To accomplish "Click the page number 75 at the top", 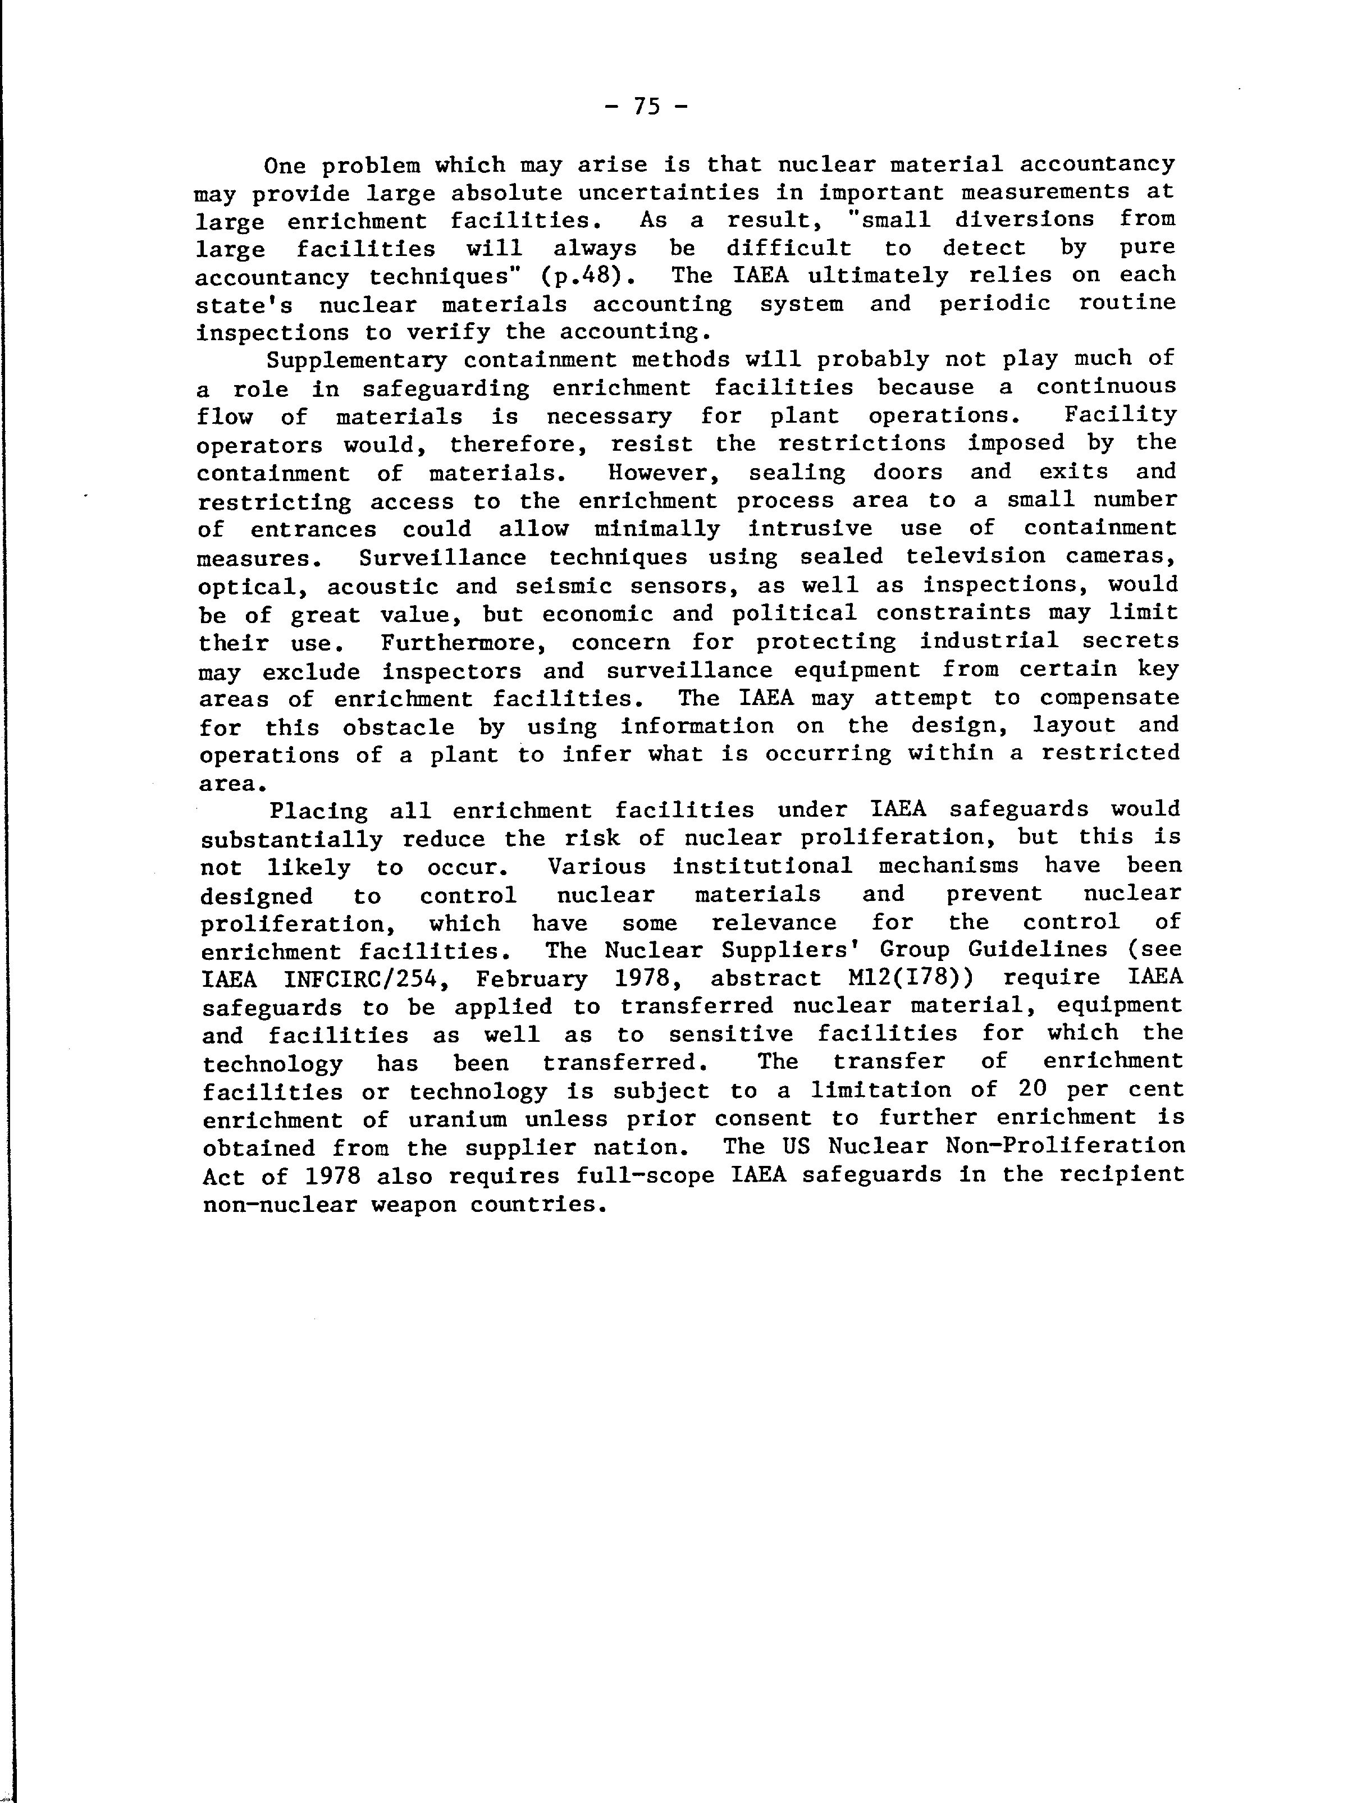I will point(646,106).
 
